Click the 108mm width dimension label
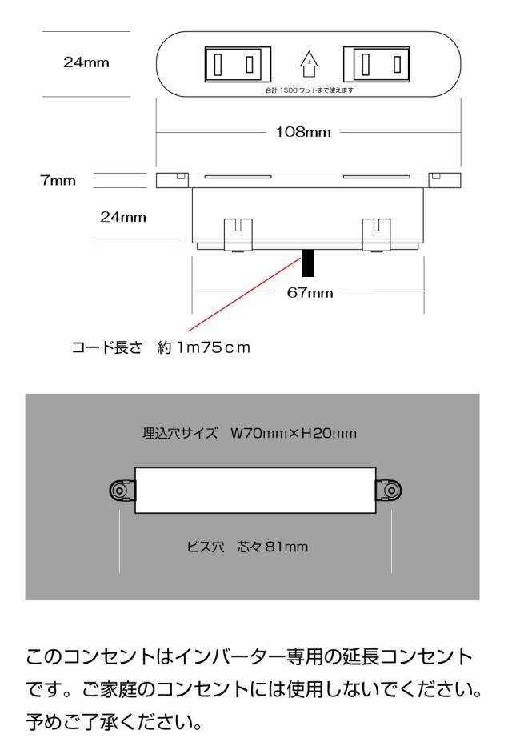pyautogui.click(x=303, y=131)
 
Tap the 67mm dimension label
pyautogui.click(x=310, y=292)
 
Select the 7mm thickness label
pyautogui.click(x=58, y=181)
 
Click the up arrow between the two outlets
pyautogui.click(x=310, y=64)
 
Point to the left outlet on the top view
pyautogui.click(x=238, y=64)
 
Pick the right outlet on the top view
pyautogui.click(x=377, y=64)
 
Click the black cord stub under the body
pyautogui.click(x=308, y=263)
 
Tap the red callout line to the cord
pyautogui.click(x=244, y=295)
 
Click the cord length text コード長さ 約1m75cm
pyautogui.click(x=161, y=347)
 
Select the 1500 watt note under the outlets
pyautogui.click(x=310, y=90)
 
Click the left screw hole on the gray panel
pyautogui.click(x=119, y=491)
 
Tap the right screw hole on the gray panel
pyautogui.click(x=391, y=491)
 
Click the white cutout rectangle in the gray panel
pyautogui.click(x=255, y=491)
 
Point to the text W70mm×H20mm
pyautogui.click(x=294, y=433)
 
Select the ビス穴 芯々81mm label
pyautogui.click(x=247, y=547)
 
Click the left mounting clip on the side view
pyautogui.click(x=238, y=235)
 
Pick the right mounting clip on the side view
pyautogui.click(x=377, y=235)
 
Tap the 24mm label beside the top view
pyautogui.click(x=86, y=62)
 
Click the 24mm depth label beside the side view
pyautogui.click(x=123, y=217)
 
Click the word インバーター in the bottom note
pyautogui.click(x=230, y=656)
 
